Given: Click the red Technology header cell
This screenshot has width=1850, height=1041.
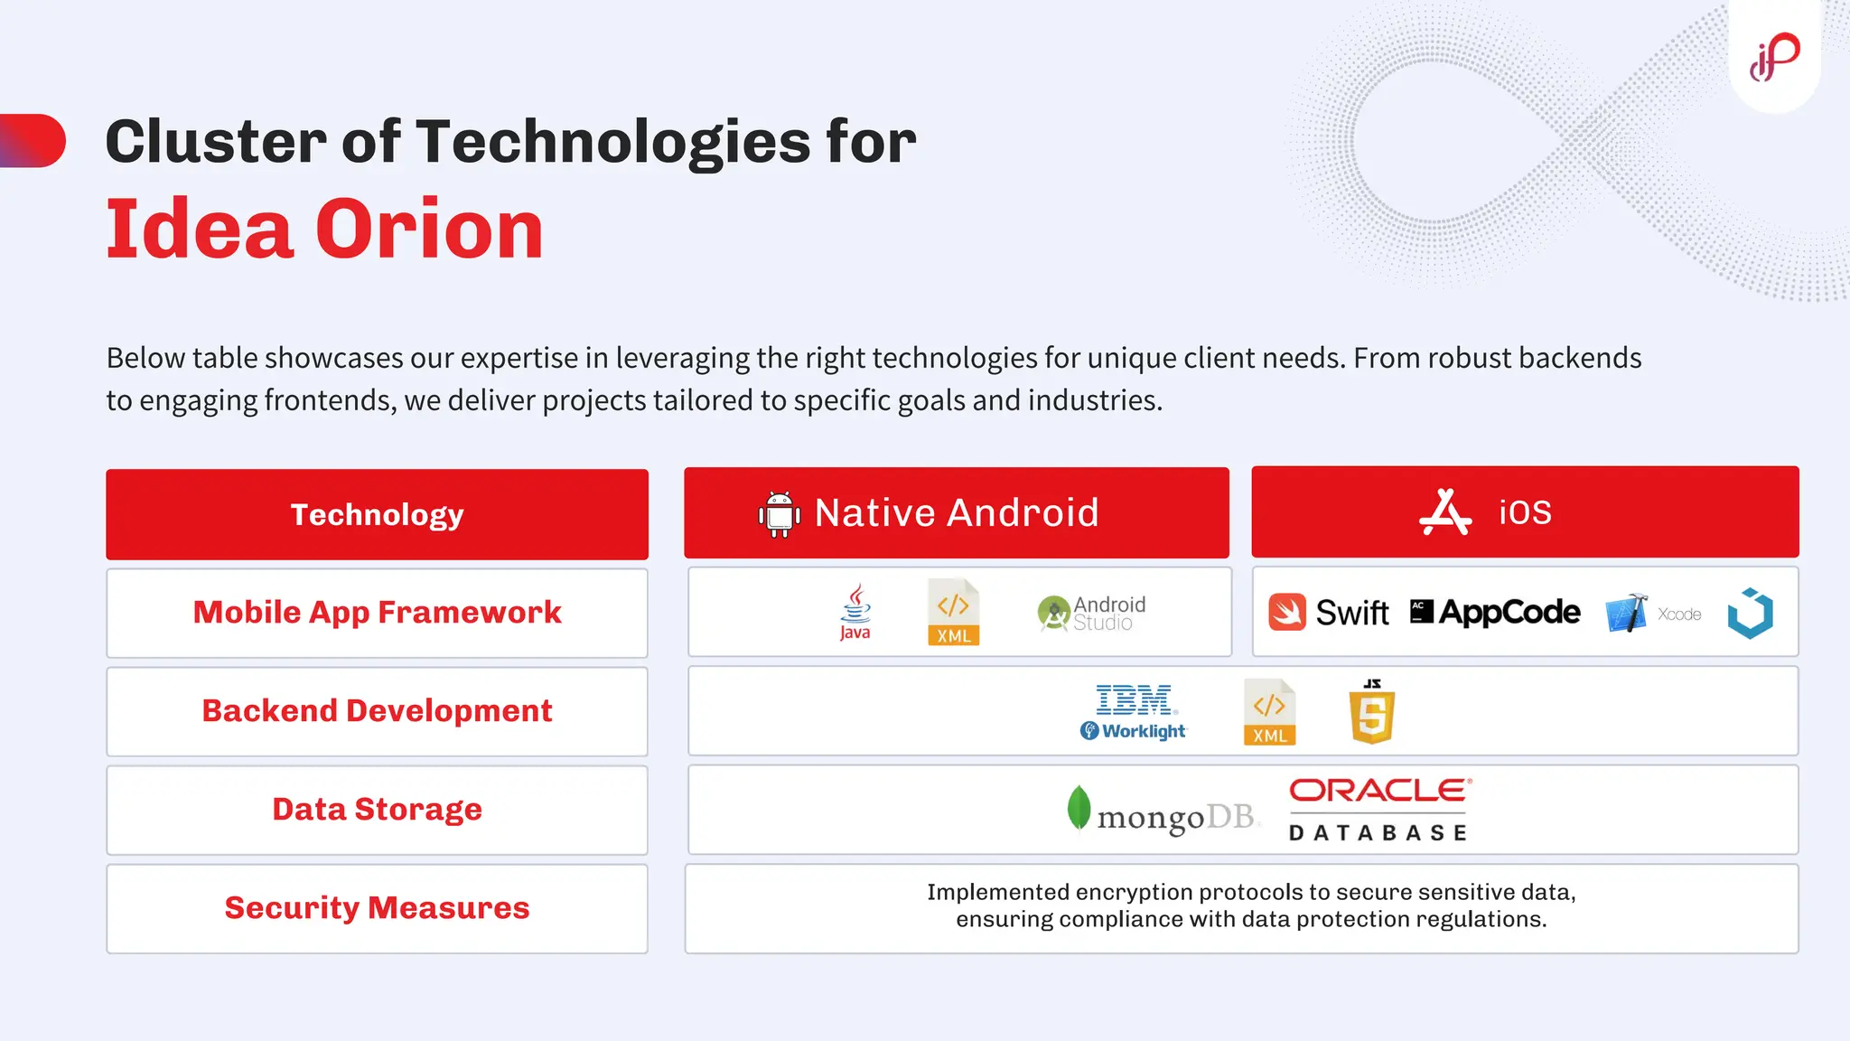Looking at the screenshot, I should [x=377, y=514].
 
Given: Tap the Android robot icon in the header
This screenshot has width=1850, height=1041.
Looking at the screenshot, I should [x=779, y=514].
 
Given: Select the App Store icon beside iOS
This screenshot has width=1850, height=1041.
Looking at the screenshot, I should [x=1445, y=512].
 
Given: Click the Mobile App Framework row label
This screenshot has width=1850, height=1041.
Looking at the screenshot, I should [x=377, y=613].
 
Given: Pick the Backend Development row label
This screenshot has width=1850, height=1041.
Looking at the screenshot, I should [x=377, y=711].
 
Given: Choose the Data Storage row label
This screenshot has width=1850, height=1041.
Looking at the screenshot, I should [x=377, y=810].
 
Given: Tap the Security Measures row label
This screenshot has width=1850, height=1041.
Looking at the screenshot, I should [x=377, y=908].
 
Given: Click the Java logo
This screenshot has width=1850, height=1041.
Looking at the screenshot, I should [x=855, y=612].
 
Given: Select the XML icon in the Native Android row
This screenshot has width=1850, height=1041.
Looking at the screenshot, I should [x=953, y=612].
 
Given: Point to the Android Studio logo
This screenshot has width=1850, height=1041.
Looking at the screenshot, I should [x=1091, y=613].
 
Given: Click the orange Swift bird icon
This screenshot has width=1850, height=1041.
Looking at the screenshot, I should [x=1287, y=612].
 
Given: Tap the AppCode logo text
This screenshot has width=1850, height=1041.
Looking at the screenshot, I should [x=1509, y=612].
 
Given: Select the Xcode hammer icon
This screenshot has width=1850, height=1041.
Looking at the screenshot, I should [x=1626, y=613].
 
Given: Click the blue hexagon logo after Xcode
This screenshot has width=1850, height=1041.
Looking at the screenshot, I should [x=1750, y=613].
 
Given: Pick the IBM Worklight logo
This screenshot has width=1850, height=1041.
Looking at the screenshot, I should [x=1135, y=712].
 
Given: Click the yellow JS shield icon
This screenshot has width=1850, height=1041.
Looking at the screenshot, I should [x=1371, y=712].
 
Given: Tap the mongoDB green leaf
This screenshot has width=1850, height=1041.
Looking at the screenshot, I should [x=1079, y=807].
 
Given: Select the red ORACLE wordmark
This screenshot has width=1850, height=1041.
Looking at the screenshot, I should [x=1379, y=791].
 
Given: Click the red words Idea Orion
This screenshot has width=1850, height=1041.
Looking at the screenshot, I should [x=325, y=230].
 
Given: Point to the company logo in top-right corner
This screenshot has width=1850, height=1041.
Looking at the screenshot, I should [x=1774, y=56].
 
